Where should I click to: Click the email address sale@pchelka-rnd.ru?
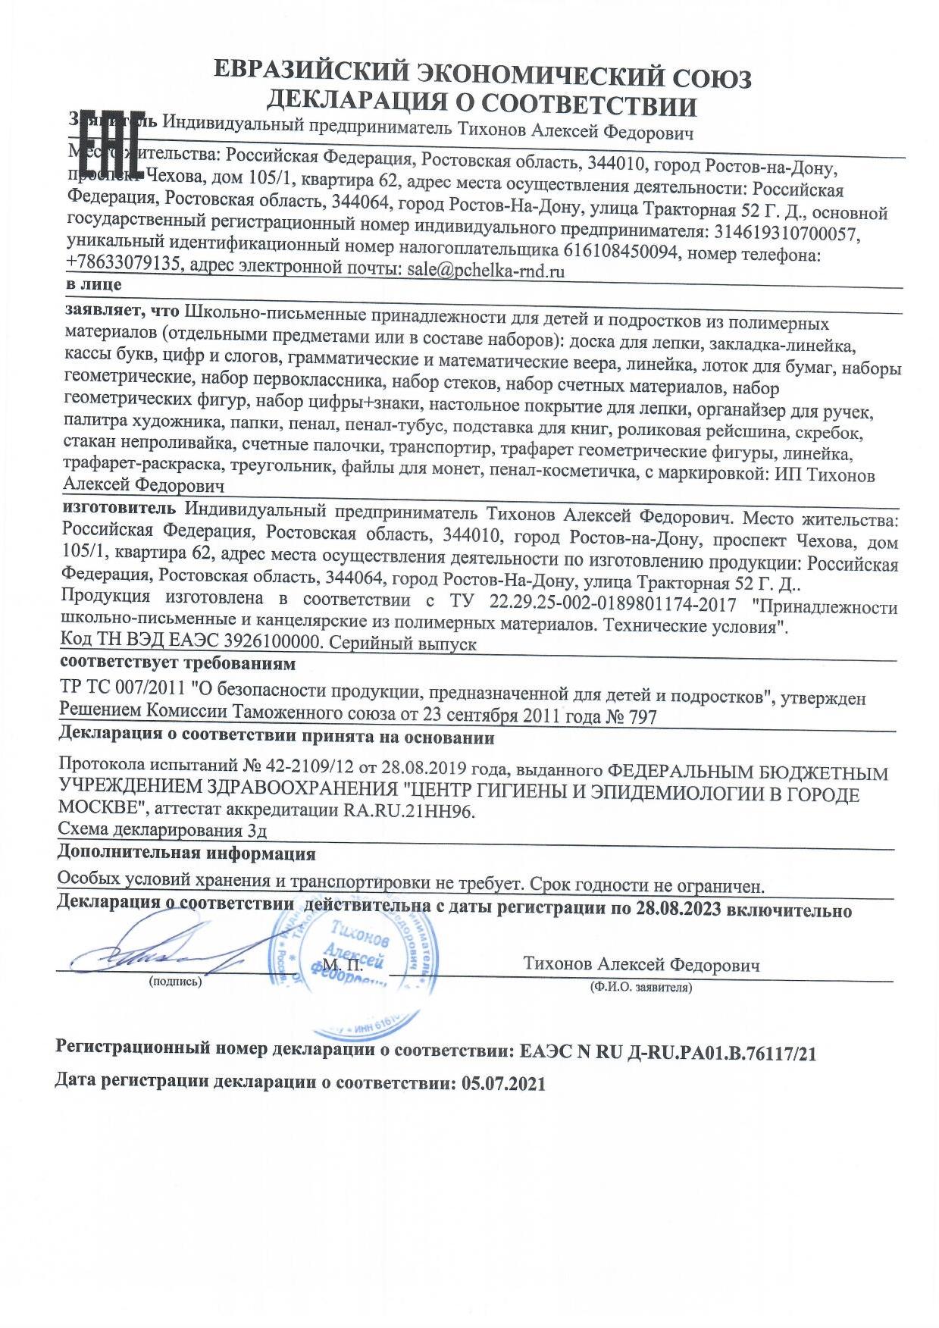pyautogui.click(x=486, y=270)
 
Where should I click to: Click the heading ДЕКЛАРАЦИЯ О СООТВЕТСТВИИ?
pyautogui.click(x=483, y=103)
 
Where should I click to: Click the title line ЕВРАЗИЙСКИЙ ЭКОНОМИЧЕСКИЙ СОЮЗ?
pyautogui.click(x=483, y=76)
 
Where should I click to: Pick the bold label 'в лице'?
pyautogui.click(x=93, y=285)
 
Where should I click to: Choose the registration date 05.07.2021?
pyautogui.click(x=502, y=1083)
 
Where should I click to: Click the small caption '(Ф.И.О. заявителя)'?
pyautogui.click(x=640, y=988)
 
